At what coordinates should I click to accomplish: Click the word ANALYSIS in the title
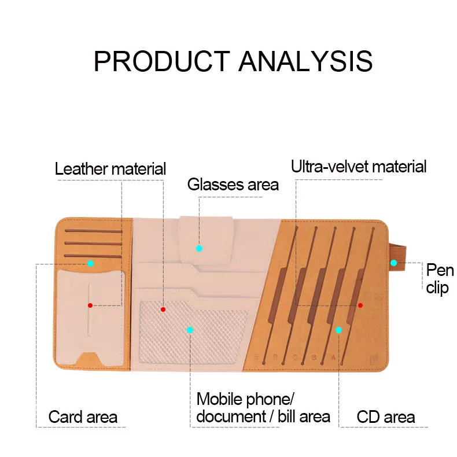[x=305, y=61]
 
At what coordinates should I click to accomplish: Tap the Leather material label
[x=110, y=169]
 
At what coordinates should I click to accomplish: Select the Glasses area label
[x=233, y=185]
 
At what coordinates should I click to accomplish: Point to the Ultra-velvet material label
[x=359, y=167]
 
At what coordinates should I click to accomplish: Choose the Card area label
[x=83, y=417]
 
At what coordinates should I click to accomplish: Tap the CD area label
[x=385, y=417]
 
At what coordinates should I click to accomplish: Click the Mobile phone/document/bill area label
[x=263, y=407]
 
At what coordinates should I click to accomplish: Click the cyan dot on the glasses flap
[x=199, y=248]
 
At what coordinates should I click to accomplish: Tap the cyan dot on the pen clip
[x=393, y=263]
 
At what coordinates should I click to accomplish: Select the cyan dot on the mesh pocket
[x=190, y=330]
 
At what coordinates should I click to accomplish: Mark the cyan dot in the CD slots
[x=339, y=330]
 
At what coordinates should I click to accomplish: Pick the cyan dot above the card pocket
[x=90, y=263]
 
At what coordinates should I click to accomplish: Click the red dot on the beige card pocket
[x=90, y=305]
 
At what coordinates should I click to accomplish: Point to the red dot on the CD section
[x=360, y=305]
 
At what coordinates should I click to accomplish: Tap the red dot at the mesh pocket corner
[x=163, y=309]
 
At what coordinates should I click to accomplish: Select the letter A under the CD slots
[x=333, y=357]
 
